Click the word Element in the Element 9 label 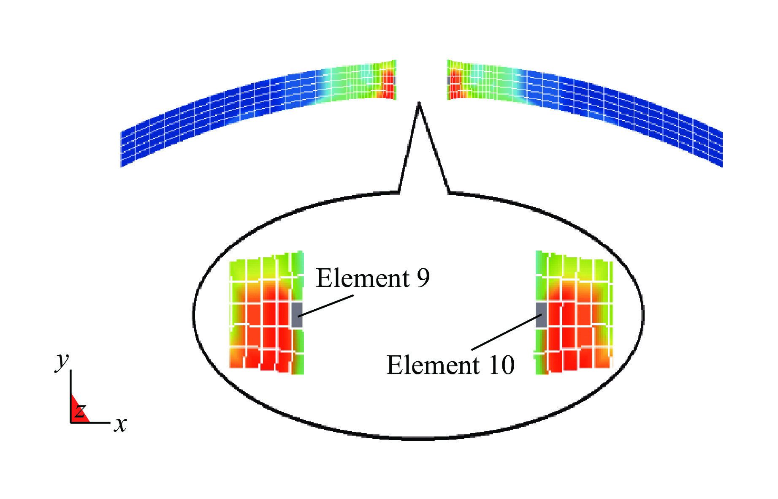363,278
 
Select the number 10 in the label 501,365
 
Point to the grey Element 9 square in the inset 297,315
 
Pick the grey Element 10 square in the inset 541,315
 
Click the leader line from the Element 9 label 325,306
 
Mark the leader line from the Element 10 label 507,332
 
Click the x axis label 121,424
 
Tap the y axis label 62,361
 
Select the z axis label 80,410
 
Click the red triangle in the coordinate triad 76,412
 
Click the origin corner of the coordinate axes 70,422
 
